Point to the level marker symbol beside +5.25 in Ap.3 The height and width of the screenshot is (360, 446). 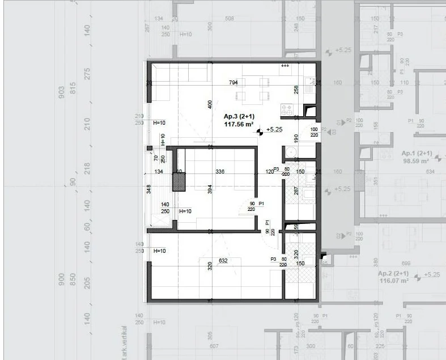(x=260, y=131)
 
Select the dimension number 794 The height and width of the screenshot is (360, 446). (x=233, y=83)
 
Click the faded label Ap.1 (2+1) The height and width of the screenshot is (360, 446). (x=417, y=154)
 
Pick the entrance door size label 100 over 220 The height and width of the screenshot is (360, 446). (x=314, y=133)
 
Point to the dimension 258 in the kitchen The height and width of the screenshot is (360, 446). (x=296, y=89)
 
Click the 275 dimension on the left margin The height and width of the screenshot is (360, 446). (x=87, y=74)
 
